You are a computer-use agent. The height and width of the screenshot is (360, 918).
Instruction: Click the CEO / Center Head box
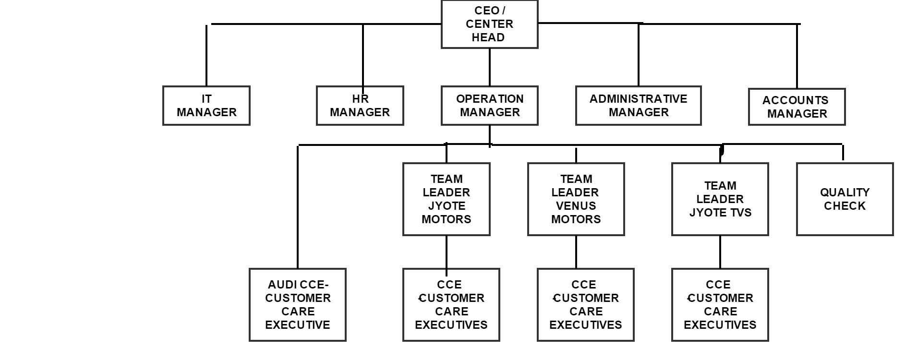(489, 24)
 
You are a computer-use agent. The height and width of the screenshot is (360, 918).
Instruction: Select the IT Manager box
(206, 106)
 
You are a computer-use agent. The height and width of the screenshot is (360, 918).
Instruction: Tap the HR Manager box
(360, 106)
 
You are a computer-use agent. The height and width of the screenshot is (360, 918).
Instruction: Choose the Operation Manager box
(489, 106)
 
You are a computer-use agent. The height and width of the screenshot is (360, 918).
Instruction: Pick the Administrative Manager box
(638, 106)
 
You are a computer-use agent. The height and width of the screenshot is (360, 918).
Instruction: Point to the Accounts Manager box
(797, 107)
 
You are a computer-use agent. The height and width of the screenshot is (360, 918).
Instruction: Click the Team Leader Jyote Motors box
(446, 199)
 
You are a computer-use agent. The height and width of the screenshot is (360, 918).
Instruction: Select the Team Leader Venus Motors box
(576, 199)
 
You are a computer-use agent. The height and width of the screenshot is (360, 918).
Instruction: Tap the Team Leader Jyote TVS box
(720, 199)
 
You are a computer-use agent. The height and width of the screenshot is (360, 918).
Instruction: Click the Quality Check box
(845, 199)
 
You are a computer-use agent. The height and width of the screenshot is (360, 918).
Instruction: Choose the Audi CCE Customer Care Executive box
(297, 305)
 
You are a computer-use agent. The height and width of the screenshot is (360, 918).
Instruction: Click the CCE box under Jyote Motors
(451, 305)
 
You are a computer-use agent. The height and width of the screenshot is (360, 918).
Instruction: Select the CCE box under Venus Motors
(585, 305)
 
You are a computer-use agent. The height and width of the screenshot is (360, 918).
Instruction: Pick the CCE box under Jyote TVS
(720, 305)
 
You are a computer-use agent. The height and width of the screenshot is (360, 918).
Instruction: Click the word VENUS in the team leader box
(576, 206)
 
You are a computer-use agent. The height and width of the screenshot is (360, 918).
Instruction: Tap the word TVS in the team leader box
(741, 213)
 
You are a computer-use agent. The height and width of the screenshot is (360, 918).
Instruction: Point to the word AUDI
(282, 285)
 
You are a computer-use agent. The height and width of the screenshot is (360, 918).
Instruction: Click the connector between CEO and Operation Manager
(489, 67)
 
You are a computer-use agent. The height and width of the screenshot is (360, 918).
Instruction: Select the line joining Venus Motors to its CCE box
(576, 252)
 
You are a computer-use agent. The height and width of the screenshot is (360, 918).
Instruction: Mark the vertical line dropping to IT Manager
(206, 55)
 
